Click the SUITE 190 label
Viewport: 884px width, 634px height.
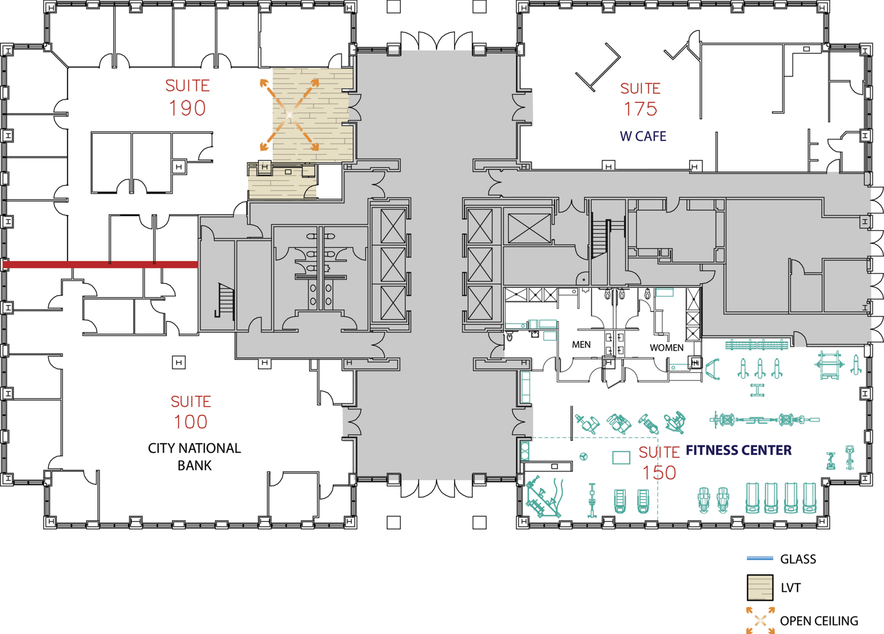pos(188,97)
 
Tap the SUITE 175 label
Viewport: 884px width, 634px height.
pos(640,99)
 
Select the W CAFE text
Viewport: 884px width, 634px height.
pos(643,136)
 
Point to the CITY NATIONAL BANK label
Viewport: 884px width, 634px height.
pos(194,457)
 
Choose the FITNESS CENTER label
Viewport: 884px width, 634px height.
pos(739,450)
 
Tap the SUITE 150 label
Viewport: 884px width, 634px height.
pos(659,463)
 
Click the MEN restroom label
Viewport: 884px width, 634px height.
pos(581,345)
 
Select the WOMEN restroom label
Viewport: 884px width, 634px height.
pos(666,347)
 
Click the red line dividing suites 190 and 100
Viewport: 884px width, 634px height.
pos(101,264)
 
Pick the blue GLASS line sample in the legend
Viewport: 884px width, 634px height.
pos(760,558)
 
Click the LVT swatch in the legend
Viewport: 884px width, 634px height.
pos(760,588)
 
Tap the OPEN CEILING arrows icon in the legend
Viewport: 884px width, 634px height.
pos(760,621)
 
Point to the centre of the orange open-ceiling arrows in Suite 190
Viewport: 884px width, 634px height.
pos(290,115)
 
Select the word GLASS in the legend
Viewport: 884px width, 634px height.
pos(798,559)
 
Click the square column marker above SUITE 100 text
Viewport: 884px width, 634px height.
pos(179,363)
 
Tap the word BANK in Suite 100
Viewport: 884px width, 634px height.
pos(194,465)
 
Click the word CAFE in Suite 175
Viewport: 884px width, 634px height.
pos(652,136)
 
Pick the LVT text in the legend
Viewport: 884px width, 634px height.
pos(790,588)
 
